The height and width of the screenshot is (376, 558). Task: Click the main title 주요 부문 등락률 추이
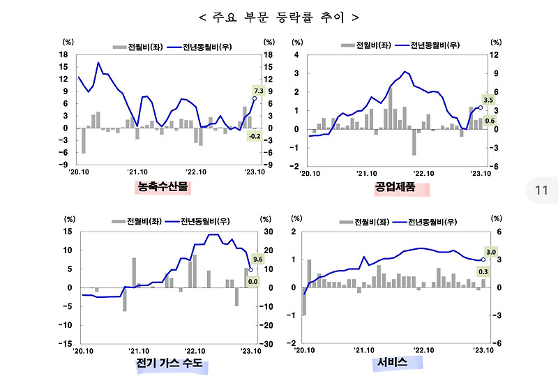pyautogui.click(x=278, y=16)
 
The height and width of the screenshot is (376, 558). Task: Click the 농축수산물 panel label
pyautogui.click(x=163, y=186)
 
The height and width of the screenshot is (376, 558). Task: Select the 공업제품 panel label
pyautogui.click(x=395, y=186)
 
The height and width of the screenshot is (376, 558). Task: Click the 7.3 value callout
pyautogui.click(x=257, y=91)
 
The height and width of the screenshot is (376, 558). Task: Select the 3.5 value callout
pyautogui.click(x=488, y=100)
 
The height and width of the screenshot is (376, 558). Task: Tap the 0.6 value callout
pyautogui.click(x=490, y=121)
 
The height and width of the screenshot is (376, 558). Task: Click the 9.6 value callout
pyautogui.click(x=257, y=259)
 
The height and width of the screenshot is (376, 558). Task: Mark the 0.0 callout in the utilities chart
pyautogui.click(x=253, y=281)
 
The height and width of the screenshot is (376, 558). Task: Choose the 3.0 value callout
pyautogui.click(x=490, y=252)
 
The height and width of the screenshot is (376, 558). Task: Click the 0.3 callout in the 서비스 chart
pyautogui.click(x=483, y=271)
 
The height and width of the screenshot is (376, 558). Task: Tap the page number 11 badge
pyautogui.click(x=541, y=190)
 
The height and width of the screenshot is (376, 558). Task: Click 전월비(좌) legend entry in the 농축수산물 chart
pyautogui.click(x=136, y=47)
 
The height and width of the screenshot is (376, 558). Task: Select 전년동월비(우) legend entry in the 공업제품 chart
pyautogui.click(x=426, y=45)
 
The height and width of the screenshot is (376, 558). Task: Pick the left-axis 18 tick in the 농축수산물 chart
pyautogui.click(x=63, y=54)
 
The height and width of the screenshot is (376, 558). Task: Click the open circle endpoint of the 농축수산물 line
pyautogui.click(x=254, y=98)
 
